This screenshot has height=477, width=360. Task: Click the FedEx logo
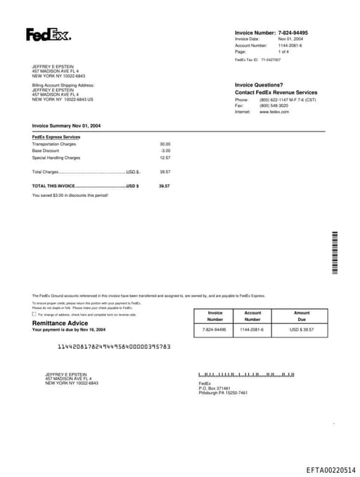[x=49, y=34]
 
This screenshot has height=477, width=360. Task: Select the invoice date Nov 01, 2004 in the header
[x=290, y=39]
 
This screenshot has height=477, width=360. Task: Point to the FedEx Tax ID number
[x=271, y=60]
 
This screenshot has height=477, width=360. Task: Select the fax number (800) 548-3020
[x=274, y=106]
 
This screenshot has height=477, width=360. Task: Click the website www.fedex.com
[x=274, y=112]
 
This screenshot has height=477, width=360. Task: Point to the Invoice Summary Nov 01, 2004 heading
[x=66, y=126]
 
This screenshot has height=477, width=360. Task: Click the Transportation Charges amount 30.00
[x=165, y=144]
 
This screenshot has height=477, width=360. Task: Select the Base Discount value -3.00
[x=165, y=151]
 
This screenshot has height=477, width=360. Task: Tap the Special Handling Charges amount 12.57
[x=165, y=158]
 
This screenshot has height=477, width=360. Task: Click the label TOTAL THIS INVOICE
[x=53, y=186]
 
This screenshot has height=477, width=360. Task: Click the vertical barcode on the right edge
[x=335, y=253]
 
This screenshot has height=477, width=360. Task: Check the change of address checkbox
[x=34, y=314]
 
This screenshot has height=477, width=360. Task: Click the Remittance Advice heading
[x=60, y=323]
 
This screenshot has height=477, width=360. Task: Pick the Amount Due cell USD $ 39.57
[x=301, y=329]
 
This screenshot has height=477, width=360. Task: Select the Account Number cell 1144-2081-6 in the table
[x=252, y=329]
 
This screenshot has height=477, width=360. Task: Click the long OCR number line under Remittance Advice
[x=114, y=347]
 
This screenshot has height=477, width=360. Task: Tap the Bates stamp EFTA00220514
[x=330, y=469]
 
